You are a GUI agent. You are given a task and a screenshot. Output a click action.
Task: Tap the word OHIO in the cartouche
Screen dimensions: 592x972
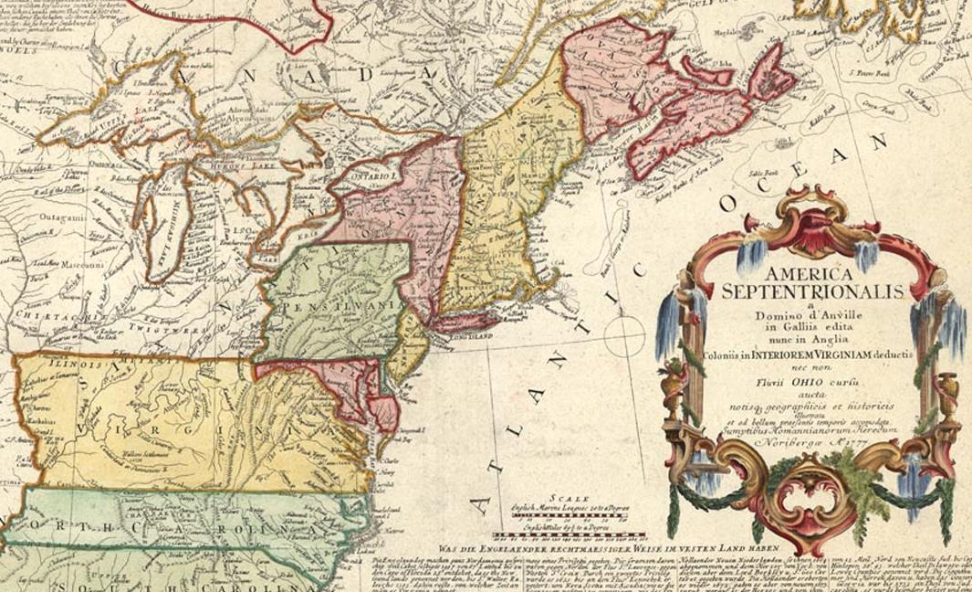tap(810, 372)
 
